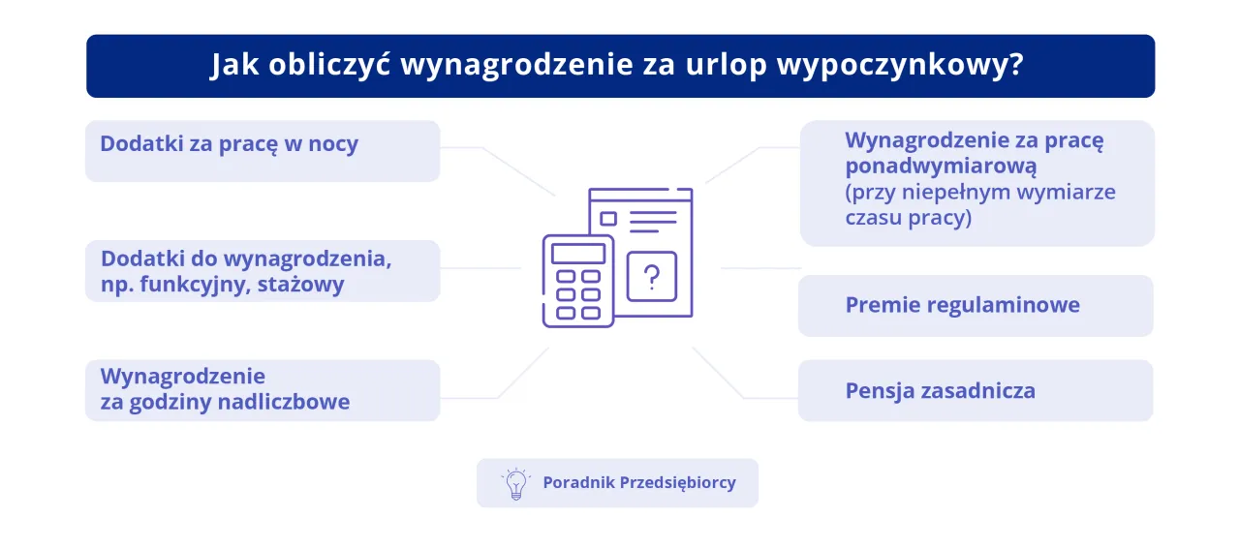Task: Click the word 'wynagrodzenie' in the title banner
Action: (516, 65)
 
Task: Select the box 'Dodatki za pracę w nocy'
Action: (263, 151)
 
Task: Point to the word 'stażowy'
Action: (300, 285)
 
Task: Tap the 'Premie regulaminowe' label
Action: (962, 305)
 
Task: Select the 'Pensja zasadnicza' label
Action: (940, 391)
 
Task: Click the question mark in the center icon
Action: (652, 277)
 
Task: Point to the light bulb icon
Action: (516, 484)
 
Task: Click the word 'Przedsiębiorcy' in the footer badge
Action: (677, 483)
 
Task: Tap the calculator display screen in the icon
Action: (578, 254)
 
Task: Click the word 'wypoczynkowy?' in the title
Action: (901, 65)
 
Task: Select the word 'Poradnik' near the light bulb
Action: (578, 482)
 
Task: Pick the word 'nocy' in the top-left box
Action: (333, 144)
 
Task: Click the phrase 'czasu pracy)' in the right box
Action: (909, 218)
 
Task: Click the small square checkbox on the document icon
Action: (608, 219)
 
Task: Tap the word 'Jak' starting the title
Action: (234, 65)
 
